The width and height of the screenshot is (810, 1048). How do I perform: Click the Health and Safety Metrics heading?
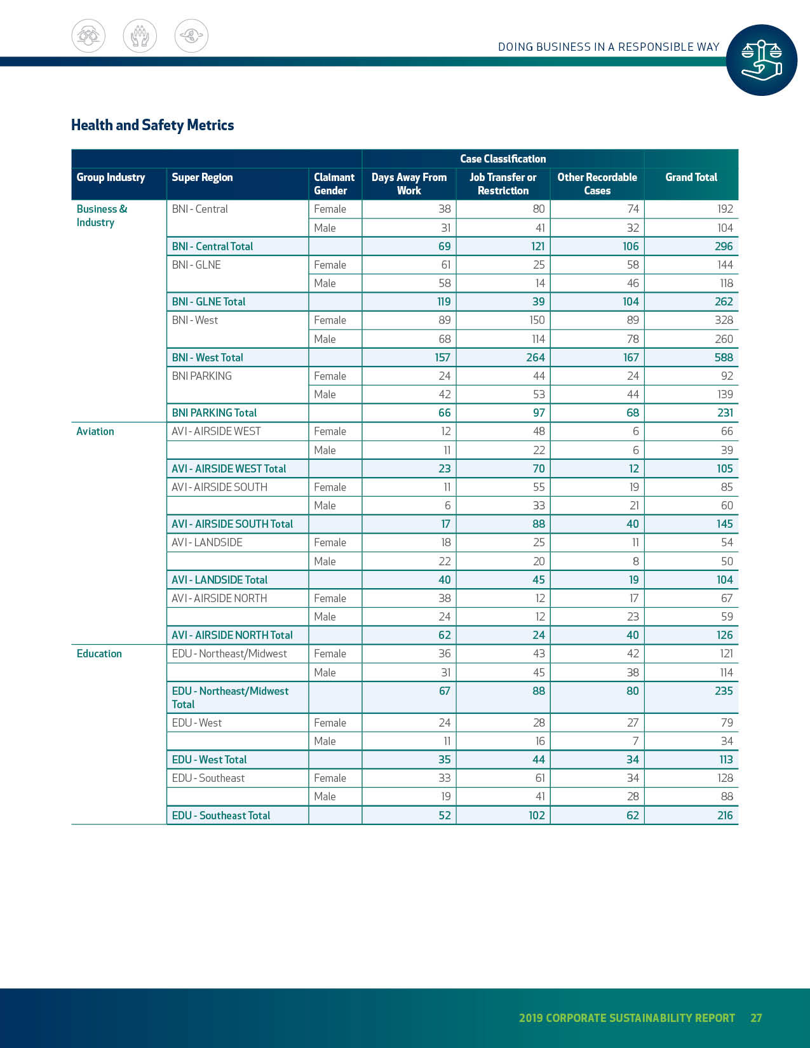[152, 125]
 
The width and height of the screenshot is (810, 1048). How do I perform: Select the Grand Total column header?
[691, 177]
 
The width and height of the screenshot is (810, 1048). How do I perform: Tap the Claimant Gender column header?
[334, 184]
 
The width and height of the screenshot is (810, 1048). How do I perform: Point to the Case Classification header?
[503, 159]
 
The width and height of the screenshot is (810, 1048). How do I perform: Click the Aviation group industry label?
[95, 431]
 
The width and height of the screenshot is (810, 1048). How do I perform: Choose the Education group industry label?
[99, 654]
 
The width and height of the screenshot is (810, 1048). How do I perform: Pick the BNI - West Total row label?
[207, 358]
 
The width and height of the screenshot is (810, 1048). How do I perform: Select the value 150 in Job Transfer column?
[537, 320]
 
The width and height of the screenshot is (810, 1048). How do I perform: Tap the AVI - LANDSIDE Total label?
[219, 580]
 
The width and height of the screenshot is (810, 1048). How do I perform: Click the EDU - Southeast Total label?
[220, 816]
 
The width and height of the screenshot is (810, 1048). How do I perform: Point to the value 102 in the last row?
[536, 816]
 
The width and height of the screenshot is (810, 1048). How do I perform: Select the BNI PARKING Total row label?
[214, 413]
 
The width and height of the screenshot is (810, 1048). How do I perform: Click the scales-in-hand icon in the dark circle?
[761, 60]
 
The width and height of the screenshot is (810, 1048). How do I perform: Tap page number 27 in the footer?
[756, 1018]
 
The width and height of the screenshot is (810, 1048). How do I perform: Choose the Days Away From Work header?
[409, 184]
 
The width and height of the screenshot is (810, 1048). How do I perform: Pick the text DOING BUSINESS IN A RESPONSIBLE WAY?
[608, 47]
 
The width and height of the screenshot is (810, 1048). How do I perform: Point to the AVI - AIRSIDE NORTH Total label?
[232, 635]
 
